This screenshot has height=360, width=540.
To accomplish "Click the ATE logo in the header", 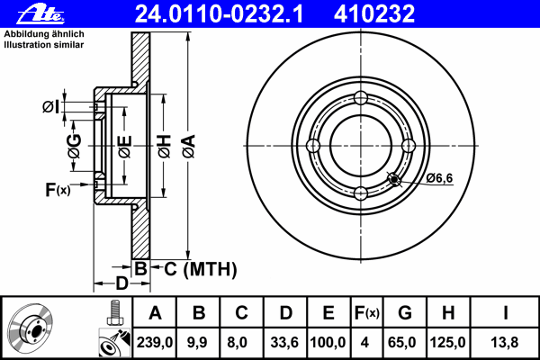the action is pyautogui.click(x=40, y=14).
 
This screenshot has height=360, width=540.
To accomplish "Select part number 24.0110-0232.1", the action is pyautogui.click(x=219, y=13).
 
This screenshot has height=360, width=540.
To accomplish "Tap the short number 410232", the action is pyautogui.click(x=374, y=13).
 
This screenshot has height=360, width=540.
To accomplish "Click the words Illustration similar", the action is pyautogui.click(x=44, y=45).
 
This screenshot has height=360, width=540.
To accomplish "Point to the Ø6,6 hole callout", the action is pyautogui.click(x=439, y=178).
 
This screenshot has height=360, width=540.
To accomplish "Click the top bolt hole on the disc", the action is pyautogui.click(x=361, y=98).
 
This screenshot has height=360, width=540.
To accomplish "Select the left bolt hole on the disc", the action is pyautogui.click(x=313, y=146).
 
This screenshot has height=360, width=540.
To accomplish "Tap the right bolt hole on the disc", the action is pyautogui.click(x=409, y=146).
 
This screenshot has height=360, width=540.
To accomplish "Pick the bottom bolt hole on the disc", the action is pyautogui.click(x=361, y=193).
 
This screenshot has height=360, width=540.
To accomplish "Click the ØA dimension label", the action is pyautogui.click(x=189, y=146).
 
